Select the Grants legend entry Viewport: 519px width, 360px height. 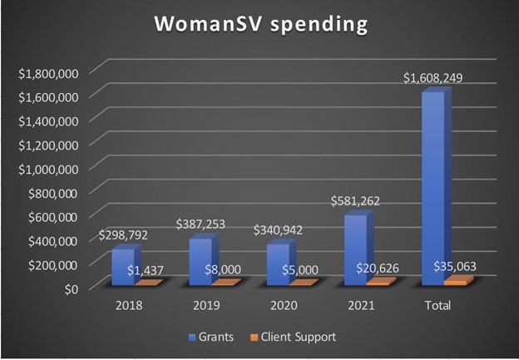coord(211,337)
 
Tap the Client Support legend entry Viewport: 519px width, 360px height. coord(296,337)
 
